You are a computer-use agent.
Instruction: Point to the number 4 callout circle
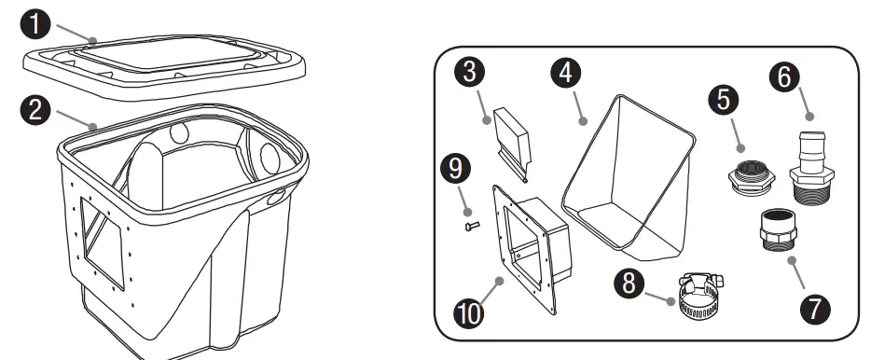(563, 73)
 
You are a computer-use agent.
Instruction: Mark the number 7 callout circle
(818, 309)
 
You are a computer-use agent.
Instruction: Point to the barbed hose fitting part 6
(809, 164)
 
